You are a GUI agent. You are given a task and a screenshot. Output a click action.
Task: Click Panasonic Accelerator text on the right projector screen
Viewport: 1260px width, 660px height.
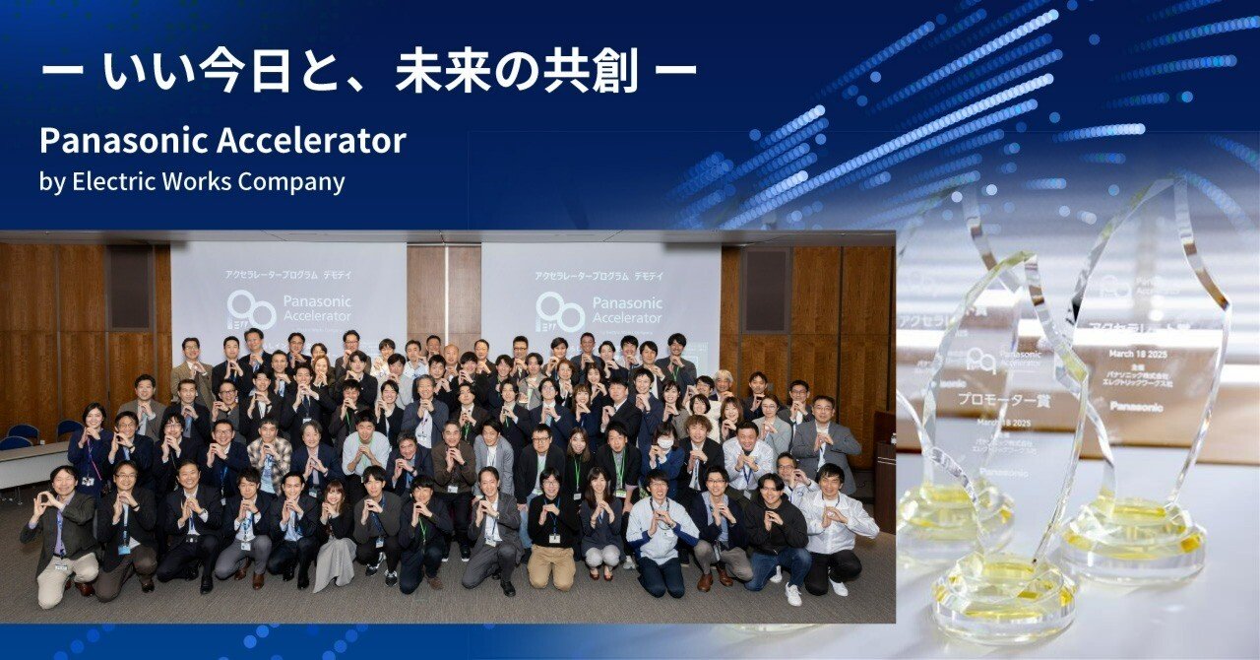(626, 310)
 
